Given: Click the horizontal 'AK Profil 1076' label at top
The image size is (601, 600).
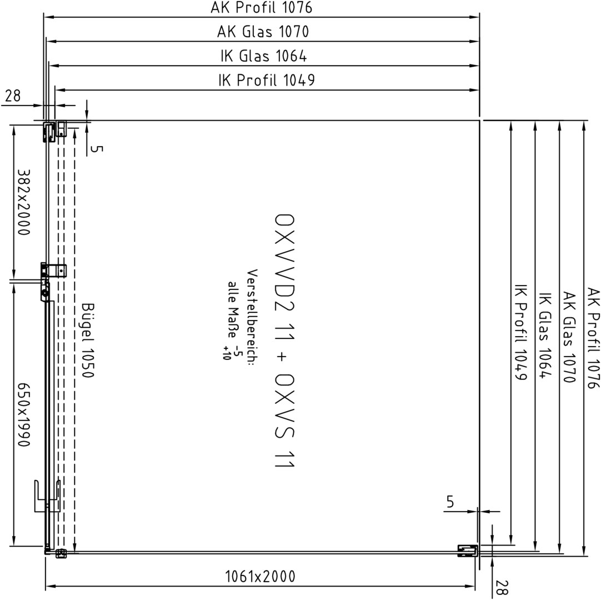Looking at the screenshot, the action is (x=262, y=7).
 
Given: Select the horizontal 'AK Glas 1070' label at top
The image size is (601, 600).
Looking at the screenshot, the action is (x=263, y=32).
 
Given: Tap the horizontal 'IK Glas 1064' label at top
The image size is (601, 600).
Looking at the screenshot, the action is (x=264, y=56).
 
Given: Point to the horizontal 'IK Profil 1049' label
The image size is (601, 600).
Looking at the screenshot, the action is (x=267, y=81).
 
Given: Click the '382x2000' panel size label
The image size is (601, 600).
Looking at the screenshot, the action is (x=24, y=202).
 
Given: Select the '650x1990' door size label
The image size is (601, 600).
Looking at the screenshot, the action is (x=24, y=414).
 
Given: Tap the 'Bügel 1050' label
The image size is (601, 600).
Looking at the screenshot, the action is (x=88, y=341).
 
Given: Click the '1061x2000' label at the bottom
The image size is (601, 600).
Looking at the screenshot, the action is (x=261, y=577).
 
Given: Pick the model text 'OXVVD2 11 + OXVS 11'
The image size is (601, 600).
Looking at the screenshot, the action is (x=285, y=341).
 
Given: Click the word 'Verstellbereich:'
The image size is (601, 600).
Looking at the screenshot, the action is (x=252, y=315).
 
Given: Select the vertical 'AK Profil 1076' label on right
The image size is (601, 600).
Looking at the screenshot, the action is (x=593, y=338).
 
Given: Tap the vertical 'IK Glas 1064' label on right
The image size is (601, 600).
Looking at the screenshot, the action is (x=545, y=336).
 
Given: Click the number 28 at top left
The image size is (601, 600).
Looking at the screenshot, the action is (x=13, y=96).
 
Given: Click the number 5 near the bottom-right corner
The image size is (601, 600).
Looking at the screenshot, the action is (x=450, y=502).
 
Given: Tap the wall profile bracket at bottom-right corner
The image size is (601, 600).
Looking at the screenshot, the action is (x=468, y=551).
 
